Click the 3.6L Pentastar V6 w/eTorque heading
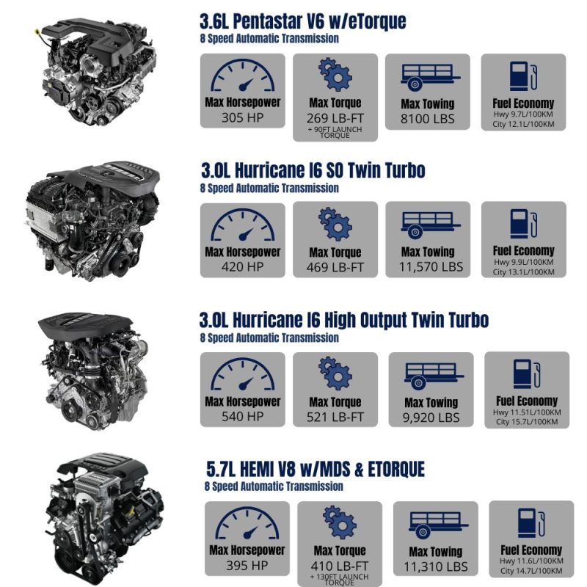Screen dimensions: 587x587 click(x=302, y=21)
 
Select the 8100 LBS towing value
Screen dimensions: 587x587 click(x=428, y=119)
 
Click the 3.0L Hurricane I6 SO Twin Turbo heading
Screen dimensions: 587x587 click(x=313, y=171)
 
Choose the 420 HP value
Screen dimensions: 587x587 click(x=242, y=267)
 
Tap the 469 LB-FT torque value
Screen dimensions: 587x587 click(x=335, y=268)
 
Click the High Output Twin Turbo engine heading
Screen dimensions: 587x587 click(x=344, y=321)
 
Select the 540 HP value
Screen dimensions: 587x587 click(x=242, y=417)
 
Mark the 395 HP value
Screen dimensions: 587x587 click(x=247, y=566)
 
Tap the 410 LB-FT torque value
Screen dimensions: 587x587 click(x=340, y=566)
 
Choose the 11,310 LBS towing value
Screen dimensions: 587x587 click(x=435, y=566)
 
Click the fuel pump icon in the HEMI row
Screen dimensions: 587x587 click(x=531, y=522)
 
